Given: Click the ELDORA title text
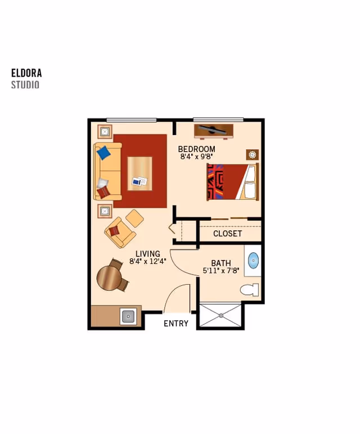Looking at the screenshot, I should click(26, 73).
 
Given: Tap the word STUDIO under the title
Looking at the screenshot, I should click(25, 85).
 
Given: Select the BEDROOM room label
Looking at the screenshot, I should click(196, 149).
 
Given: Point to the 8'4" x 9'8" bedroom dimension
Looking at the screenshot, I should click(196, 157).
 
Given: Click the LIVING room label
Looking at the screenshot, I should click(147, 254).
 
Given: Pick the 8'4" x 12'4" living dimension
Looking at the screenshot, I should click(147, 262).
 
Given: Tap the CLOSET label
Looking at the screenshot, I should click(227, 234).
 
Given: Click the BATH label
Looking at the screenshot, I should click(220, 263).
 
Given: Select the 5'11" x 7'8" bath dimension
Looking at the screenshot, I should click(220, 271).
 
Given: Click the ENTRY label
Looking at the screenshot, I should click(176, 324).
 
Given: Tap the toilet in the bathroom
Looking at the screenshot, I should click(249, 290).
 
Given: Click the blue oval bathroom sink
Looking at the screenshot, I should click(253, 261).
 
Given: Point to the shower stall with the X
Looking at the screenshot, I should click(220, 316).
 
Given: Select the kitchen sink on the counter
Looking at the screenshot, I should click(128, 316).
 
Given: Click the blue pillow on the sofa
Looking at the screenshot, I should click(103, 153).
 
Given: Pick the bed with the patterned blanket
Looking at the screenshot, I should click(232, 182).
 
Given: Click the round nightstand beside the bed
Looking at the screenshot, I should click(252, 154).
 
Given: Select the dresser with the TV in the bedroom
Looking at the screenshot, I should click(213, 131).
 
